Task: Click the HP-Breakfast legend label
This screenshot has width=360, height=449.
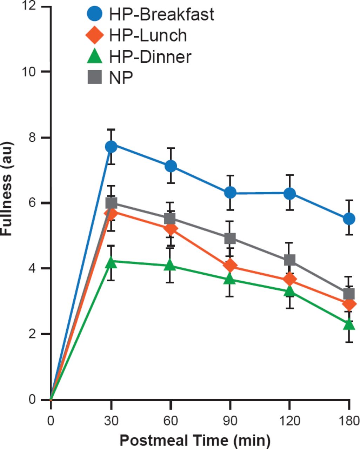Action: click(161, 15)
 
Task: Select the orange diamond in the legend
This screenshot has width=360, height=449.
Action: click(95, 35)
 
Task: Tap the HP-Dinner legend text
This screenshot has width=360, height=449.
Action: click(150, 56)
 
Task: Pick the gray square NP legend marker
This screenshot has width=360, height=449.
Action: click(95, 77)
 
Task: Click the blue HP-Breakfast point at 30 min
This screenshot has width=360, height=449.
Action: click(111, 147)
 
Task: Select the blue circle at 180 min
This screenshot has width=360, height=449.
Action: click(349, 219)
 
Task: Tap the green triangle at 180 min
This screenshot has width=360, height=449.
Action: click(349, 324)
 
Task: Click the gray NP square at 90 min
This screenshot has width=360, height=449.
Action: click(230, 239)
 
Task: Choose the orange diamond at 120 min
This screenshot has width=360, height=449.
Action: click(289, 280)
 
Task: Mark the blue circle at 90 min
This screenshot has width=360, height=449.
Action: click(230, 193)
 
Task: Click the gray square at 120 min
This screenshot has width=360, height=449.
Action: click(289, 260)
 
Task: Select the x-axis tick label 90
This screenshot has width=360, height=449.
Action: click(230, 420)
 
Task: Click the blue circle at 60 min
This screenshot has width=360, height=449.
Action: click(171, 166)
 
